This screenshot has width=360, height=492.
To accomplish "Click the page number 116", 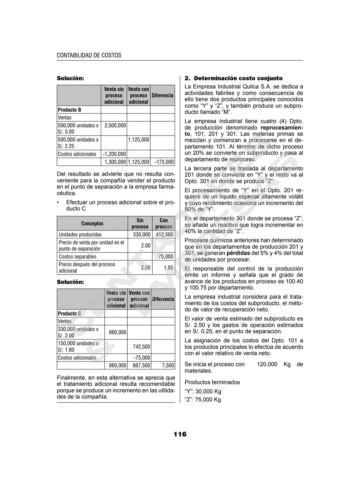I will [x=180, y=434].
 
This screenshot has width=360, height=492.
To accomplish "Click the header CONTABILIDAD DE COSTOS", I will [x=89, y=55].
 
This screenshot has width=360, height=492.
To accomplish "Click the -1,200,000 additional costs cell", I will [x=114, y=154].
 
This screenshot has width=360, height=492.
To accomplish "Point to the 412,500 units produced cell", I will [x=164, y=235].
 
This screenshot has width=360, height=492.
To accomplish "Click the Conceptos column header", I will [x=92, y=224].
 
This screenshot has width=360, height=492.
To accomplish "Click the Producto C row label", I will [x=70, y=313].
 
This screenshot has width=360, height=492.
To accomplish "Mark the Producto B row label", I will [x=70, y=110].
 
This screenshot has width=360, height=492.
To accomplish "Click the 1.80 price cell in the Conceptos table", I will [x=168, y=267].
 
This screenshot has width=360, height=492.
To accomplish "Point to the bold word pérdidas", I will [x=238, y=253].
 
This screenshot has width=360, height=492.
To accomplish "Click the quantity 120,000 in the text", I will [x=267, y=364].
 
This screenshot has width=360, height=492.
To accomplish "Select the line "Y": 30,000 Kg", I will [x=203, y=391].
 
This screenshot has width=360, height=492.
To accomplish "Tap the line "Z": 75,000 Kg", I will [x=203, y=400].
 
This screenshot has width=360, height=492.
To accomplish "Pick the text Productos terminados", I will [x=212, y=382].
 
